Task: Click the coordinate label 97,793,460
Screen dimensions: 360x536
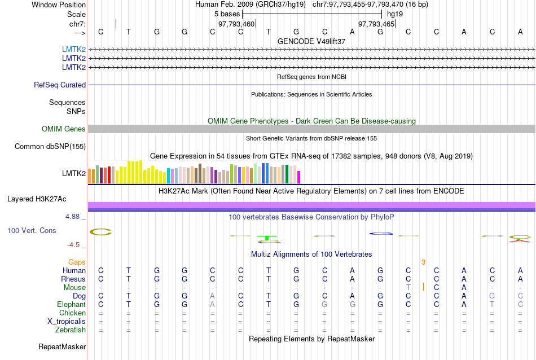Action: coord(236,24)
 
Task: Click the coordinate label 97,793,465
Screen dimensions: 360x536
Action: coord(376,24)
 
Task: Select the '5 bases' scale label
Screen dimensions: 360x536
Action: coord(227,14)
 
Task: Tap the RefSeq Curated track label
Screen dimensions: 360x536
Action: coord(60,85)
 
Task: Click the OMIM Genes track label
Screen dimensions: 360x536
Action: coord(64,129)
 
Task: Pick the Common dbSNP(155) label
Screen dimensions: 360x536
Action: coord(50,147)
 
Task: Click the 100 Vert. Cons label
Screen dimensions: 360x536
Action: coord(32,231)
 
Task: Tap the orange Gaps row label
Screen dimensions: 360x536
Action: coord(77,262)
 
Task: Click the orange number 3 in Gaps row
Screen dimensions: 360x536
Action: coord(423,262)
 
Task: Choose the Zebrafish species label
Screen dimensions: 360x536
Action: coord(71,330)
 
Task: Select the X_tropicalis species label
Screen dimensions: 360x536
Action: coord(67,321)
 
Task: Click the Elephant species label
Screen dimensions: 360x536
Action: coord(71,304)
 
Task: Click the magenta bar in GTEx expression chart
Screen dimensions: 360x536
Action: coord(299,177)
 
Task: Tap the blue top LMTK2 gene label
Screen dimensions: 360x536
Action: coord(74,50)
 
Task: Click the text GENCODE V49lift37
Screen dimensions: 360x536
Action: coord(311,41)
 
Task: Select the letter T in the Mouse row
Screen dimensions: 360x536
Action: coord(408,287)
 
